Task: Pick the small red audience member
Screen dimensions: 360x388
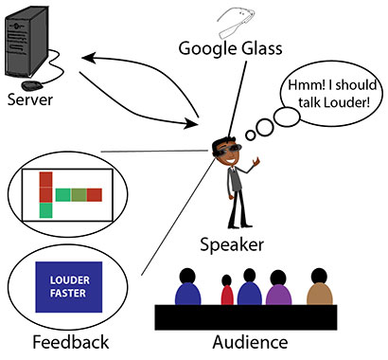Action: [x=226, y=294]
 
